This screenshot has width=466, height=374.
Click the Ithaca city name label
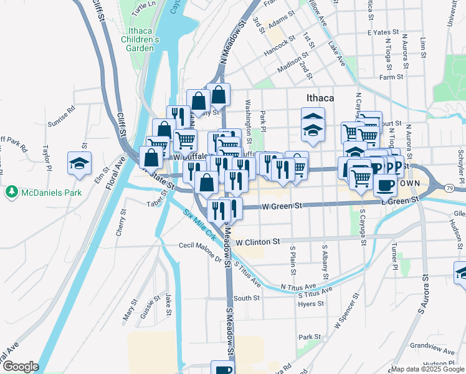point(320,98)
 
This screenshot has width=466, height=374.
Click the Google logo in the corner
point(20,367)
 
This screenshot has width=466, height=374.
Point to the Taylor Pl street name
point(47,158)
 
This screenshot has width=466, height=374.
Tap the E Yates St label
point(381,31)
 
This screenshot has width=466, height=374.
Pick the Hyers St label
point(311,304)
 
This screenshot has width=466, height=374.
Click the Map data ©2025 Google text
point(427,368)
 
